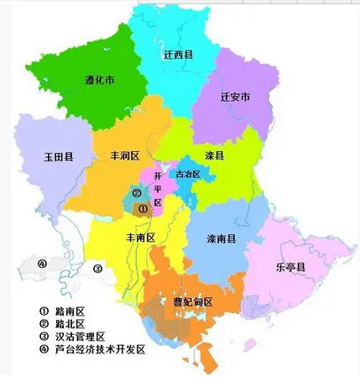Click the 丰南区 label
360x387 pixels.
pos(140,238)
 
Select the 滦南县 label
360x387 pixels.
pos(221,238)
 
